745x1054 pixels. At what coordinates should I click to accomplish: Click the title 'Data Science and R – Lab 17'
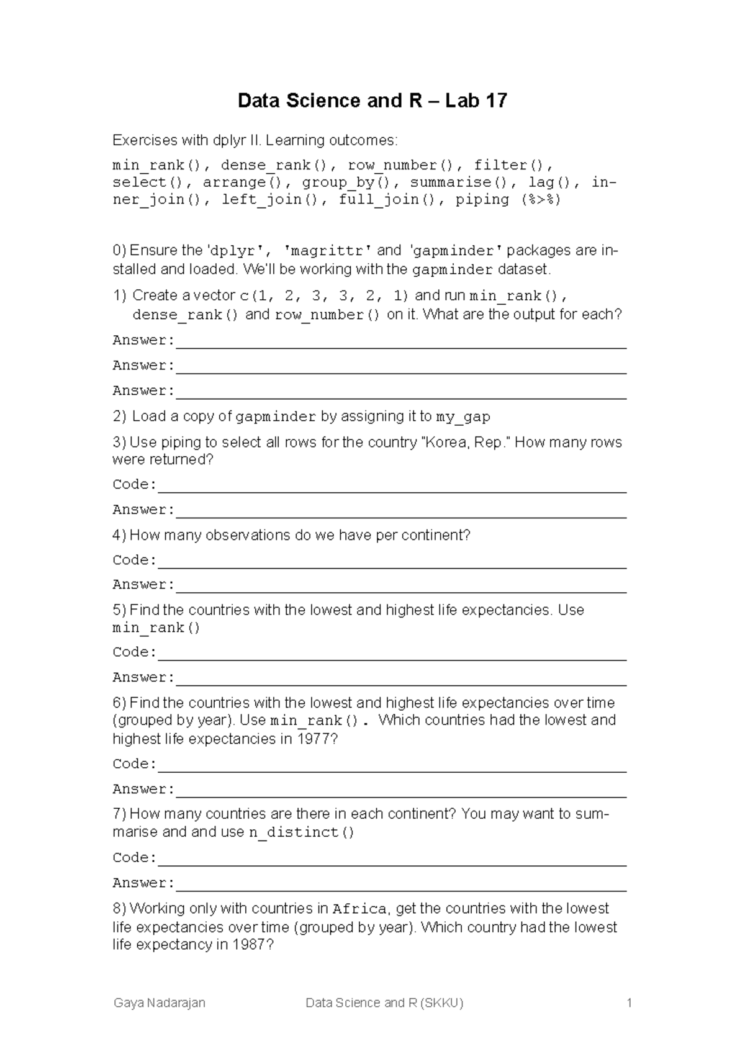point(372,101)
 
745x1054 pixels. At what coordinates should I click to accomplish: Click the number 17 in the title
point(496,101)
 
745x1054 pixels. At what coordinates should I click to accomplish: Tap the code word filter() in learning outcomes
point(512,165)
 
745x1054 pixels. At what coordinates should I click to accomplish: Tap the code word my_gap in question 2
point(463,417)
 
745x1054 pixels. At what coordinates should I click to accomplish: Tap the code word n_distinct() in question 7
point(302,833)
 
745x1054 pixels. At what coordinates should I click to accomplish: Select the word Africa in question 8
point(360,909)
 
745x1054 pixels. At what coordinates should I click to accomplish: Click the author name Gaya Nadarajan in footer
point(160,1003)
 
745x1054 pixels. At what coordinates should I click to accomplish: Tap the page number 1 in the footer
point(629,1003)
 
